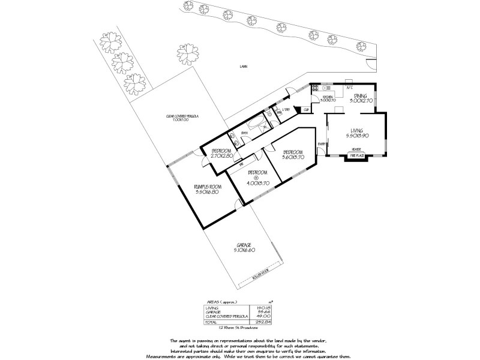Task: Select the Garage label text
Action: pos(244,245)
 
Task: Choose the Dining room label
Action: pos(360,96)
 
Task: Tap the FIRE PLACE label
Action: pos(356,156)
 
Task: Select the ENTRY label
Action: pos(322,144)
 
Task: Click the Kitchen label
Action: pos(328,97)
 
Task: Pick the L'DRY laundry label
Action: pos(286,109)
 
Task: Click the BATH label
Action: pos(244,133)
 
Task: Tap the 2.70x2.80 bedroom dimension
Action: pos(221,156)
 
